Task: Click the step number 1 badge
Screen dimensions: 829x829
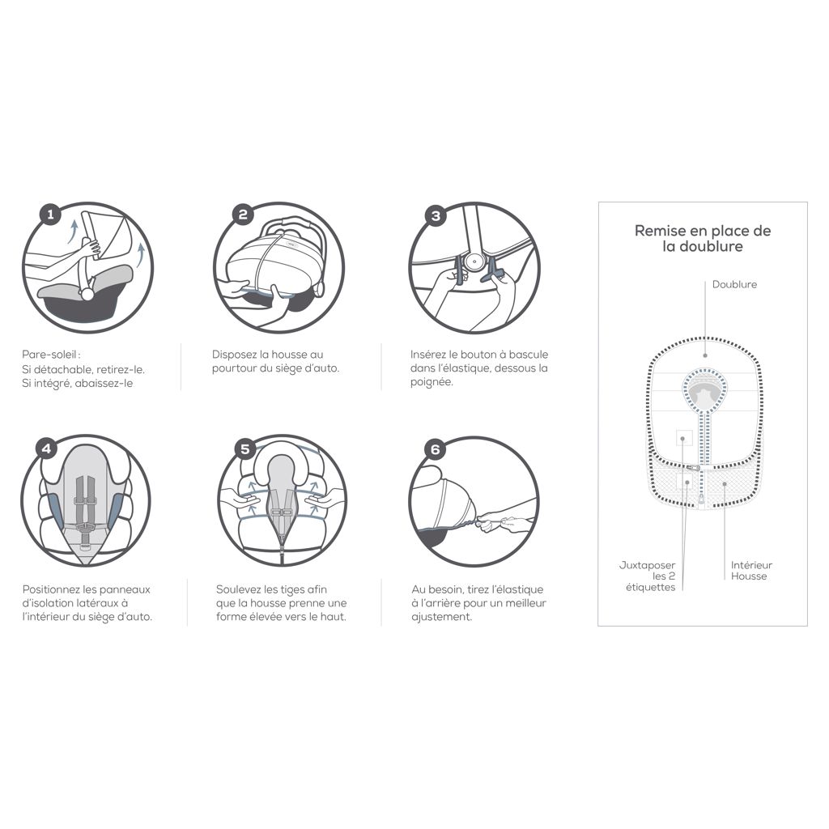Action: (x=51, y=215)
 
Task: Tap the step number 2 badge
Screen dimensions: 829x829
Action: (x=242, y=215)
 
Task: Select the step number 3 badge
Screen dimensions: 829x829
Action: (x=436, y=215)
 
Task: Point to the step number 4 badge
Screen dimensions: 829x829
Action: (x=47, y=449)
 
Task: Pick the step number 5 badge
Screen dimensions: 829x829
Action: (x=244, y=449)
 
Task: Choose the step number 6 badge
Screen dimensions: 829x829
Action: (x=436, y=449)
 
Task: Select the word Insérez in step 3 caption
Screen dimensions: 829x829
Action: (x=430, y=355)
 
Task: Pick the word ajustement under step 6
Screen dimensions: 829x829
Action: (x=440, y=617)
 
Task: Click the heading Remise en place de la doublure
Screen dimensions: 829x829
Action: (x=702, y=238)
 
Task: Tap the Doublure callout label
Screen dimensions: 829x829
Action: (x=734, y=285)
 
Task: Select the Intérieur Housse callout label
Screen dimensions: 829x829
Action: (x=751, y=571)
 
